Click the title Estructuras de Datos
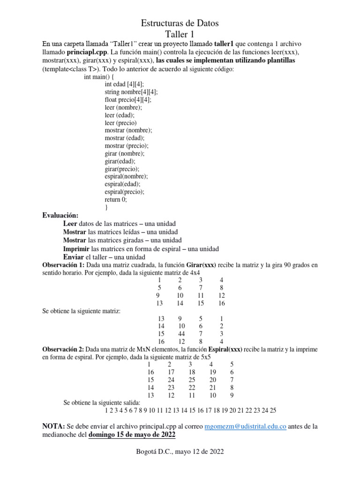[180, 23]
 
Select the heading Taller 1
[180, 34]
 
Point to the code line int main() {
[99, 77]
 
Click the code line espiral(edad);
[122, 184]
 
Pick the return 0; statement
[116, 199]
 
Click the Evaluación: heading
[60, 215]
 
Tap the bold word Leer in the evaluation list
[70, 224]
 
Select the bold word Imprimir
[76, 249]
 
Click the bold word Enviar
[73, 257]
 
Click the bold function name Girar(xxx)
[201, 265]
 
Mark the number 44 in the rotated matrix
[181, 333]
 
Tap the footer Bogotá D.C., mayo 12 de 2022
[180, 452]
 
